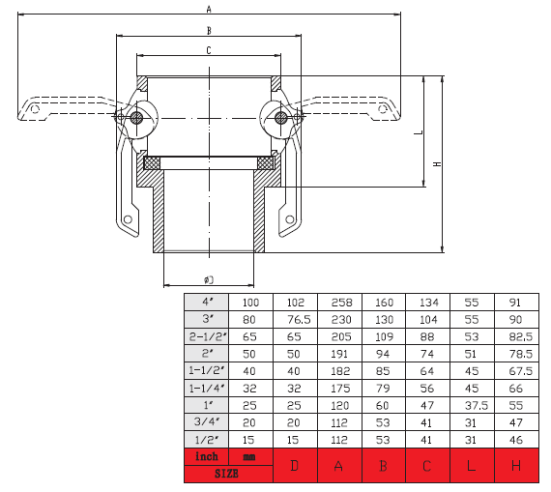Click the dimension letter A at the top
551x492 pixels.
[x=209, y=9]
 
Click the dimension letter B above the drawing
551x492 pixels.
[x=209, y=31]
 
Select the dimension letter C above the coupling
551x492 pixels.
[x=209, y=50]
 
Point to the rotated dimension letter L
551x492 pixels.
[x=419, y=132]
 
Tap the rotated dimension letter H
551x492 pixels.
[x=437, y=164]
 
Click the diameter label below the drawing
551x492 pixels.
[x=209, y=279]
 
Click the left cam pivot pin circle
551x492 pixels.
[x=136, y=118]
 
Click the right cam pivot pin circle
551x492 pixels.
[x=281, y=118]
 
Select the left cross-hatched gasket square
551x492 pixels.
[x=152, y=163]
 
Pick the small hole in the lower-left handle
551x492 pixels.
[x=128, y=219]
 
